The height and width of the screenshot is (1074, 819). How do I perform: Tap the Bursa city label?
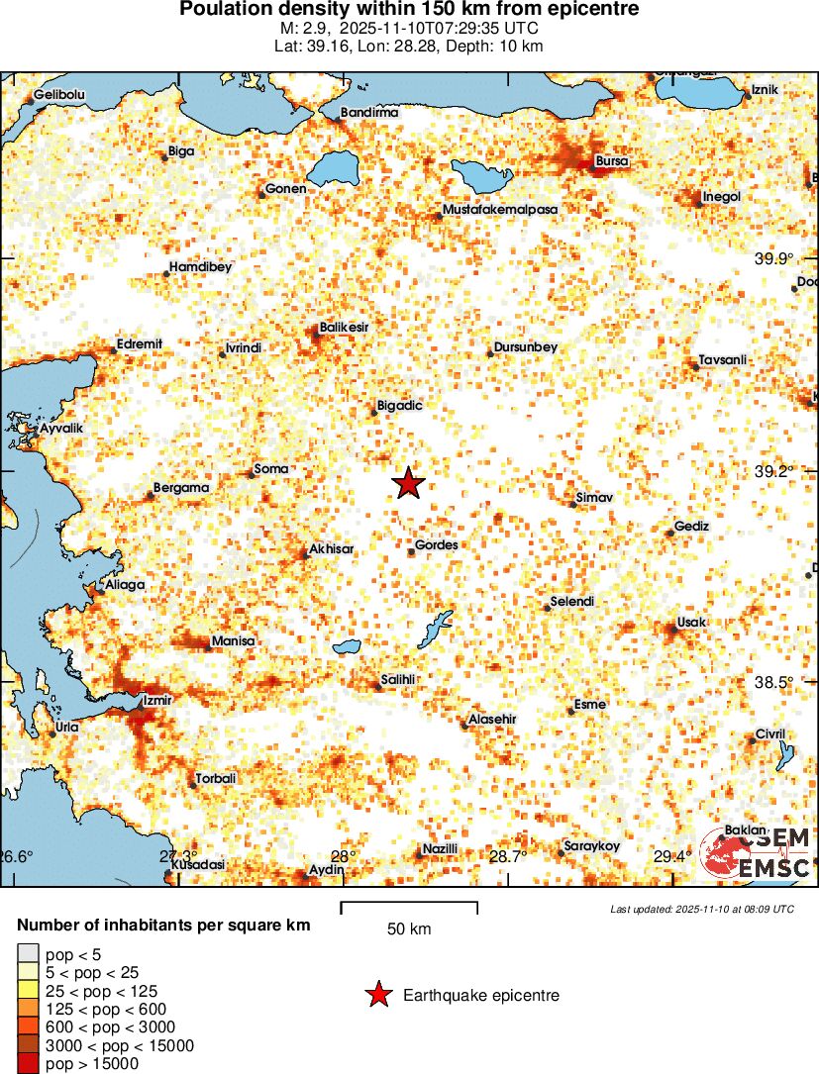pyautogui.click(x=611, y=161)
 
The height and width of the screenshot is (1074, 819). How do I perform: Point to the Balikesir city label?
pyautogui.click(x=345, y=327)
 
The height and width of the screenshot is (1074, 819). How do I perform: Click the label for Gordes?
pyautogui.click(x=435, y=545)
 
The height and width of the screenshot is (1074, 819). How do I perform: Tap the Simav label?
pyautogui.click(x=595, y=498)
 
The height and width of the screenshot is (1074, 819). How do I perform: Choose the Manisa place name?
pyautogui.click(x=234, y=641)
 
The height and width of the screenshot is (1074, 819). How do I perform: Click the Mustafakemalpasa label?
pyautogui.click(x=500, y=210)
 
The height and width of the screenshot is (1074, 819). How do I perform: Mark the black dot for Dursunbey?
pyautogui.click(x=490, y=353)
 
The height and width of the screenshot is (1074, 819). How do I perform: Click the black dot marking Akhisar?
pyautogui.click(x=304, y=554)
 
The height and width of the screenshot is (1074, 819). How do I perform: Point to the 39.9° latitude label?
pyautogui.click(x=774, y=259)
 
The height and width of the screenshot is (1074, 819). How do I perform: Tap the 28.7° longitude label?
pyautogui.click(x=507, y=857)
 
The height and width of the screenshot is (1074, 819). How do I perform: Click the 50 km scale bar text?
pyautogui.click(x=409, y=928)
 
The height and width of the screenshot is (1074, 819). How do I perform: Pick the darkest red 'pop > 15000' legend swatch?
pyautogui.click(x=28, y=1064)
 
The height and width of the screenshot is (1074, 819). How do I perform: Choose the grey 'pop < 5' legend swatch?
pyautogui.click(x=28, y=953)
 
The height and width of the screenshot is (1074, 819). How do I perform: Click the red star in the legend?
pyautogui.click(x=376, y=996)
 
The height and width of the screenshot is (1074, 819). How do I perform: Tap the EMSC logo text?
pyautogui.click(x=774, y=868)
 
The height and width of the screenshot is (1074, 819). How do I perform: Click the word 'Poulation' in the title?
pyautogui.click(x=221, y=10)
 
